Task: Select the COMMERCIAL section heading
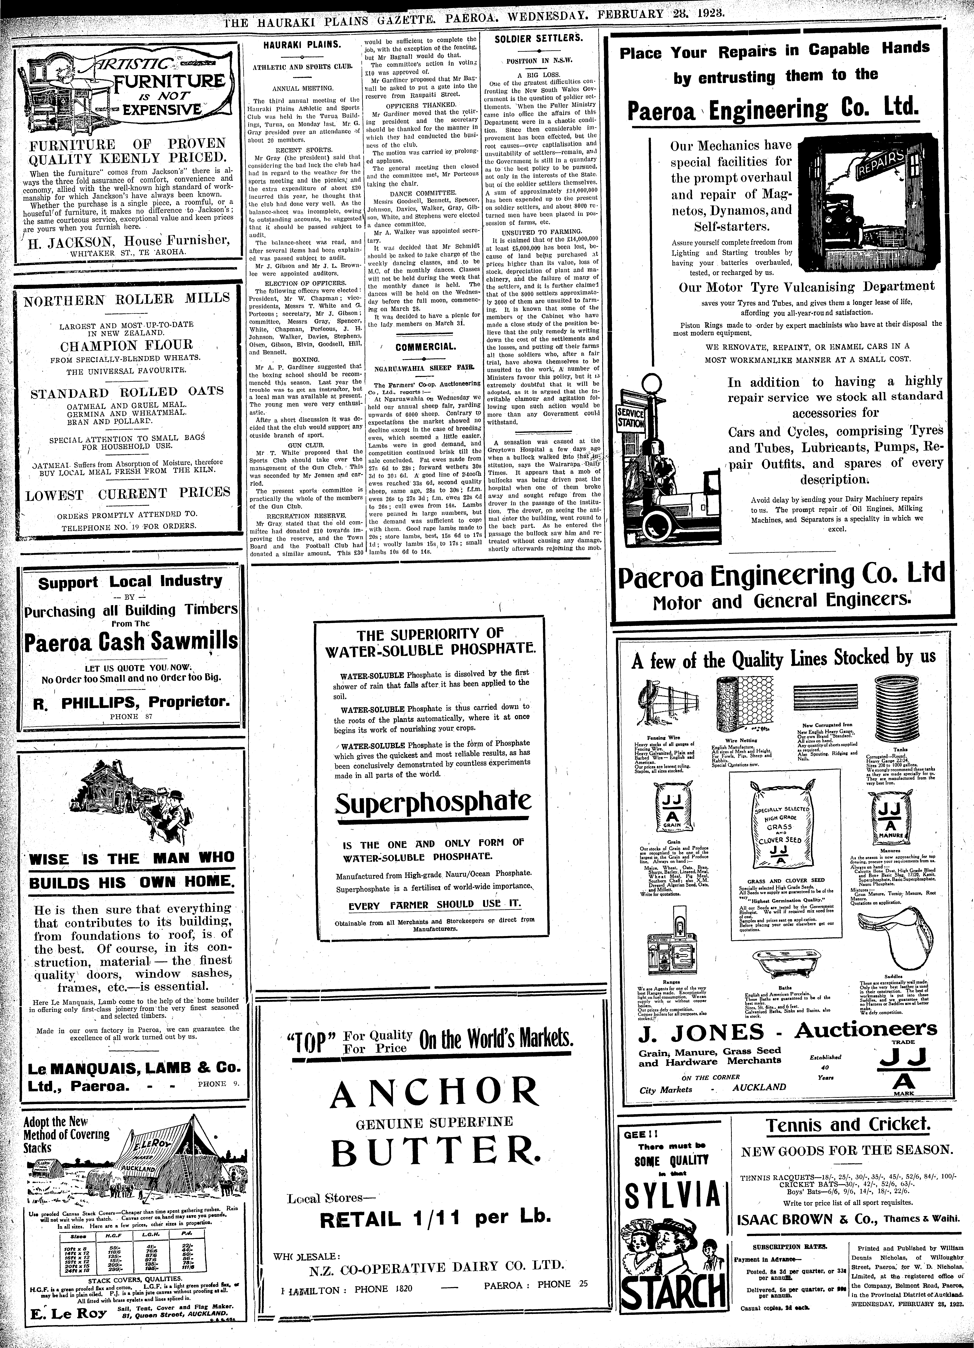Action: (423, 347)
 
